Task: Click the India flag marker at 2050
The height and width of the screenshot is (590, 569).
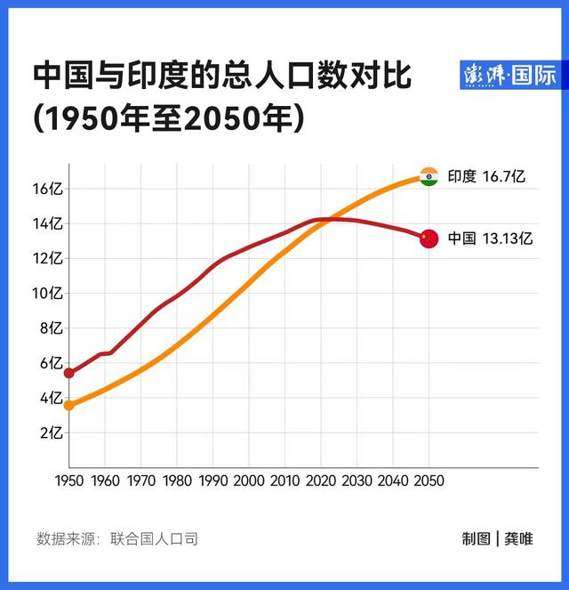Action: (429, 176)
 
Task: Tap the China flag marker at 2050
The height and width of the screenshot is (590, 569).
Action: (429, 238)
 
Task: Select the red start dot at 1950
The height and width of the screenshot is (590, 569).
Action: (69, 373)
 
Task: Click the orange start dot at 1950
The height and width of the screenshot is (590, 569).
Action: (69, 406)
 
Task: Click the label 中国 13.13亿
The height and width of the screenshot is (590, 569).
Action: (489, 238)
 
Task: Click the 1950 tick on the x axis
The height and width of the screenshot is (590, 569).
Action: (69, 481)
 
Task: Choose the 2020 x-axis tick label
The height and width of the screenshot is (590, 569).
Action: (321, 481)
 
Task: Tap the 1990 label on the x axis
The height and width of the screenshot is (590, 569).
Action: (212, 481)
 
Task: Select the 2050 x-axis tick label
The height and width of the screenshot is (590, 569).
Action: (429, 481)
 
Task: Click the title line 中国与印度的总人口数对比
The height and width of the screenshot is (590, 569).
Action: (222, 76)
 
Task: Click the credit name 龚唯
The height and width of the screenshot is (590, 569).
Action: (519, 538)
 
